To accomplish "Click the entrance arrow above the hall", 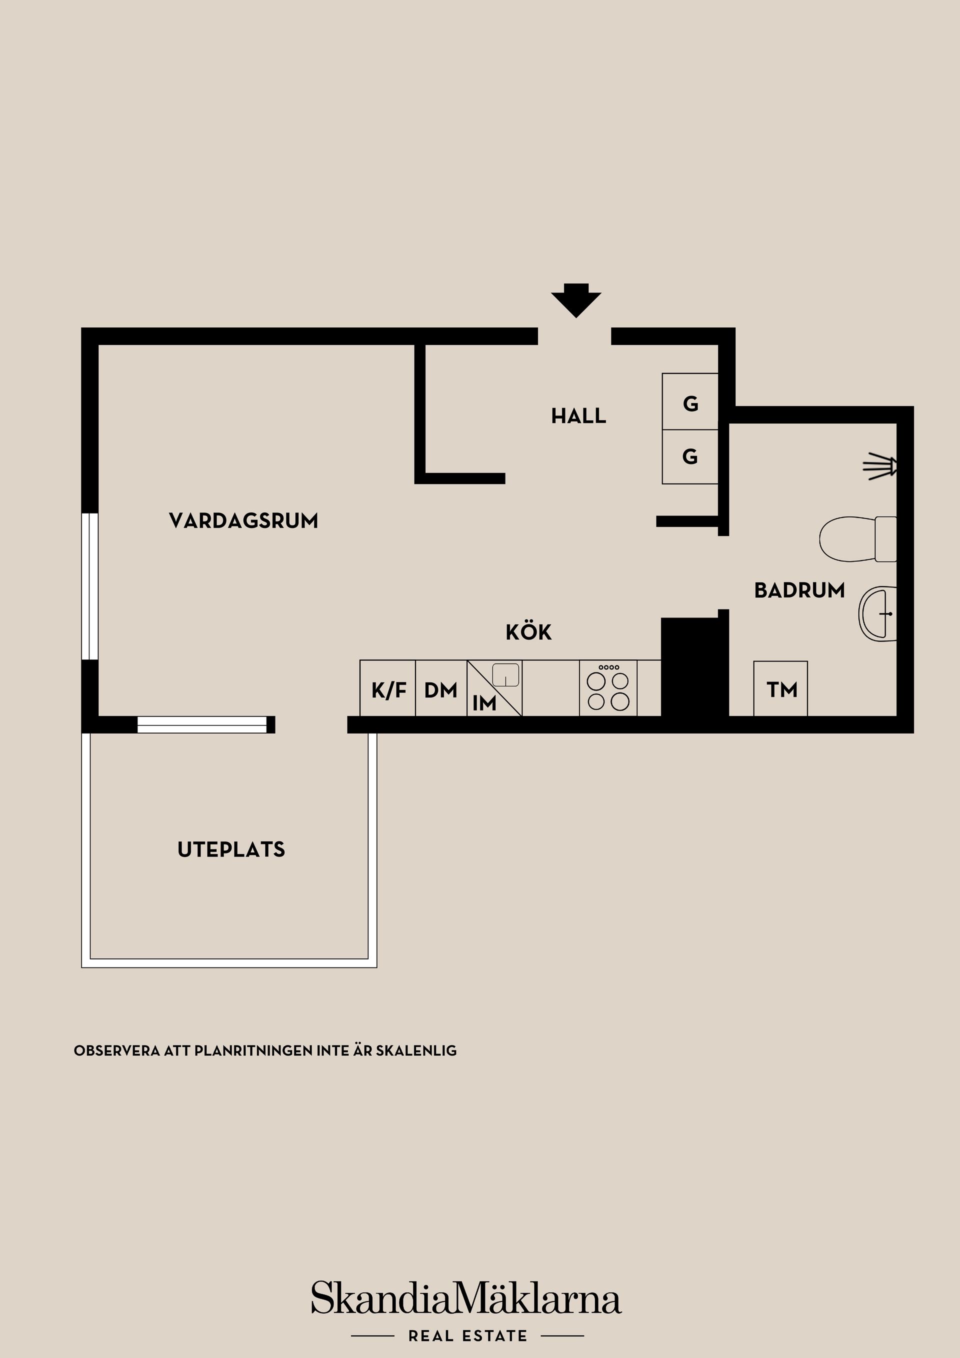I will [x=575, y=300].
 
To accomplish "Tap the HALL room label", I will [x=578, y=416].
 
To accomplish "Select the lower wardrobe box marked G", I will [x=689, y=456].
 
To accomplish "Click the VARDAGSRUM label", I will [x=243, y=521].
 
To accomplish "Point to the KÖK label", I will [x=528, y=632].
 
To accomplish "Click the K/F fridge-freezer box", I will [x=388, y=689].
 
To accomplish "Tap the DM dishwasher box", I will [x=440, y=689].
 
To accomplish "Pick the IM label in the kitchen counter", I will [x=484, y=703].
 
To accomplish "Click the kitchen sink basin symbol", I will [x=505, y=675].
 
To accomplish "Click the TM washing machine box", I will [x=781, y=689].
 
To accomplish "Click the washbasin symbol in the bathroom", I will [x=878, y=613].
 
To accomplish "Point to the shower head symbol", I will [x=881, y=465].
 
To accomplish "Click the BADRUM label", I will [x=799, y=590].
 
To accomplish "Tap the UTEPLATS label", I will [x=231, y=850].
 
